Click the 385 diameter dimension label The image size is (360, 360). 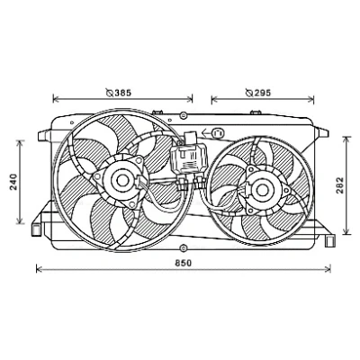pyautogui.click(x=119, y=93)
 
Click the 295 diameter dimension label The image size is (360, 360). pyautogui.click(x=258, y=93)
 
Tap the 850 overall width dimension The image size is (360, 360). pyautogui.click(x=183, y=263)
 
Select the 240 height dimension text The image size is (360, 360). pyautogui.click(x=13, y=182)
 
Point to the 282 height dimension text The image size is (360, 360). pyautogui.click(x=340, y=185)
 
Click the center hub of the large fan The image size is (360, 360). pyautogui.click(x=121, y=180)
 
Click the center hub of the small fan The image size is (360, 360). pyautogui.click(x=262, y=190)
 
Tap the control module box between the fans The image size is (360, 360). pyautogui.click(x=188, y=158)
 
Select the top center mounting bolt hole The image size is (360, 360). pyautogui.click(x=184, y=115)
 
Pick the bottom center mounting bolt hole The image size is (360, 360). pyautogui.click(x=183, y=248)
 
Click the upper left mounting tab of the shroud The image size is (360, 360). pyautogui.click(x=44, y=135)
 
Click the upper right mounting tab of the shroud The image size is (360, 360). pyautogui.click(x=321, y=133)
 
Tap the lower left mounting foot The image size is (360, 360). pyautogui.click(x=37, y=229)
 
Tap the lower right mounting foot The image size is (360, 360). pyautogui.click(x=330, y=240)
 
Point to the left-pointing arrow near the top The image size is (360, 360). pyautogui.click(x=206, y=132)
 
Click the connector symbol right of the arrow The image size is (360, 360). pyautogui.click(x=218, y=133)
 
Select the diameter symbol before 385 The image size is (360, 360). pyautogui.click(x=110, y=93)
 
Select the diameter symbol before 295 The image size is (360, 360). pyautogui.click(x=249, y=93)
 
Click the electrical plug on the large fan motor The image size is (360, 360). pyautogui.click(x=141, y=182)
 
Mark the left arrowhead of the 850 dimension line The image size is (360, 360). pyautogui.click(x=38, y=269)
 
